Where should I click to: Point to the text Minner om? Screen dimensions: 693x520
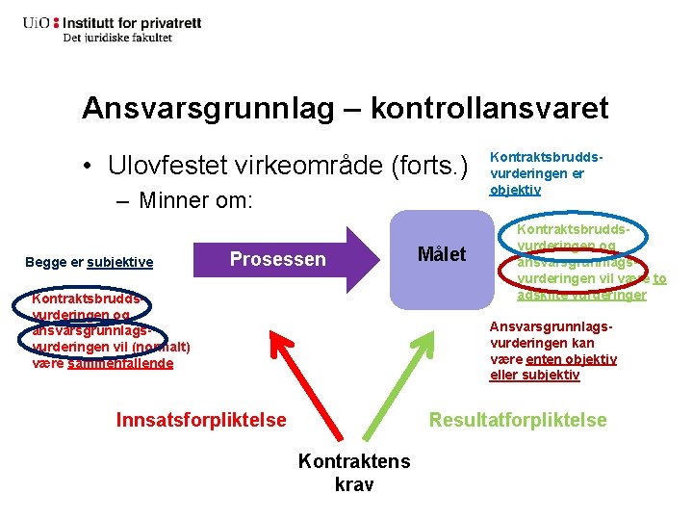click(195, 201)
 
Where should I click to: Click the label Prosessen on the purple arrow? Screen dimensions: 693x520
click(277, 259)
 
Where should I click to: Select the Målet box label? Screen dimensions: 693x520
click(441, 254)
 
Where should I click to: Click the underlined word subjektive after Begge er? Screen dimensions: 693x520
click(119, 262)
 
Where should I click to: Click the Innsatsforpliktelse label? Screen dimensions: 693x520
click(200, 420)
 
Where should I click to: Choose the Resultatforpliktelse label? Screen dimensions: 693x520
click(518, 420)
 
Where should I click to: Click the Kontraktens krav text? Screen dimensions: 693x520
click(353, 472)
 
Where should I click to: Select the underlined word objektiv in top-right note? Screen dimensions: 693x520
click(515, 190)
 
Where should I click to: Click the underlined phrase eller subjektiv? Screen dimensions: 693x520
click(534, 375)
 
